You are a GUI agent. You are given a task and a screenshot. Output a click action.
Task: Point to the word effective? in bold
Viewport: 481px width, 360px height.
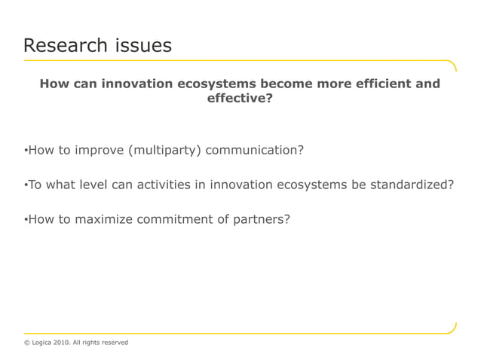tap(240, 97)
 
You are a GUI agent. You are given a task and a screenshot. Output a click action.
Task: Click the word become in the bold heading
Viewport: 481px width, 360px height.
tap(284, 84)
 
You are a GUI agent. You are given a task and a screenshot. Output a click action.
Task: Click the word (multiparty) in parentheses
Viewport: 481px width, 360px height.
tap(164, 150)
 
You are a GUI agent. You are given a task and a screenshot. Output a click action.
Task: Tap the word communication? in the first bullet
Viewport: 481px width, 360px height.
tap(255, 150)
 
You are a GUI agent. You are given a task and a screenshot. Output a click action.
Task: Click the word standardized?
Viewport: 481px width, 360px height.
tap(412, 185)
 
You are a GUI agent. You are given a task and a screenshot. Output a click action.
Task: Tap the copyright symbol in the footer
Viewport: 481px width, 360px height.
tap(27, 343)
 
